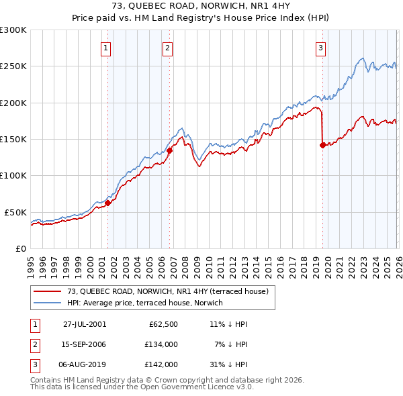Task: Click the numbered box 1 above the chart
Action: point(107,48)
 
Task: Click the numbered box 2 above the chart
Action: point(167,48)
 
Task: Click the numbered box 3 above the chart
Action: point(321,48)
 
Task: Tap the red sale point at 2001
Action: point(108,203)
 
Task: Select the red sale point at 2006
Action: point(169,151)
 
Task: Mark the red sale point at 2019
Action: point(323,145)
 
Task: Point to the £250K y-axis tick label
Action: point(13,66)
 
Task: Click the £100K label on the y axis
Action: point(13,176)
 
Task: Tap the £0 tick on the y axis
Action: point(20,248)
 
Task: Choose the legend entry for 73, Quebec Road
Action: point(167,291)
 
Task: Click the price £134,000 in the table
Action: point(161,344)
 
